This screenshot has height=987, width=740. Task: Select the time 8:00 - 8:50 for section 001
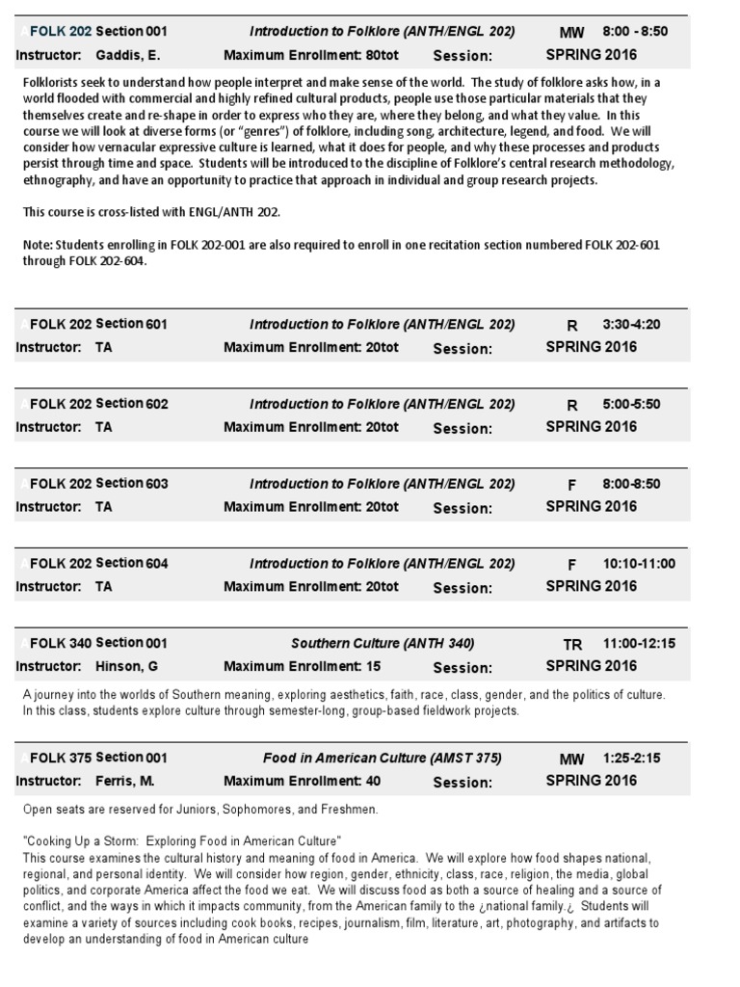pyautogui.click(x=635, y=32)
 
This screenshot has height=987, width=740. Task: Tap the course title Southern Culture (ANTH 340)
pyautogui.click(x=383, y=643)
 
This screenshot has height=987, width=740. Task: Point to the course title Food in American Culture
pyautogui.click(x=383, y=758)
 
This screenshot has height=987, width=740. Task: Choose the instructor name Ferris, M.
pyautogui.click(x=124, y=781)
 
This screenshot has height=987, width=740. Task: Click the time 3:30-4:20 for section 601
pyautogui.click(x=631, y=324)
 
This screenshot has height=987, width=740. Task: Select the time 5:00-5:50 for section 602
pyautogui.click(x=631, y=404)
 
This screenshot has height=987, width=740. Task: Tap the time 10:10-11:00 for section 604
pyautogui.click(x=639, y=564)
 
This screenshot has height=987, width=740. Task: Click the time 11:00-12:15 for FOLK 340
pyautogui.click(x=639, y=643)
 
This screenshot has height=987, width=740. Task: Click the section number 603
pyautogui.click(x=156, y=483)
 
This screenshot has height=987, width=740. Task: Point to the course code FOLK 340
pyautogui.click(x=61, y=643)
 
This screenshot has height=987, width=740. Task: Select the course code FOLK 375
pyautogui.click(x=61, y=759)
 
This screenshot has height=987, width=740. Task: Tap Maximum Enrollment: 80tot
pyautogui.click(x=310, y=55)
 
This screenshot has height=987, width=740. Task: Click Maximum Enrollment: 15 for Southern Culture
pyautogui.click(x=302, y=666)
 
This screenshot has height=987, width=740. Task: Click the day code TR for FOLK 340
pyautogui.click(x=572, y=645)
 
